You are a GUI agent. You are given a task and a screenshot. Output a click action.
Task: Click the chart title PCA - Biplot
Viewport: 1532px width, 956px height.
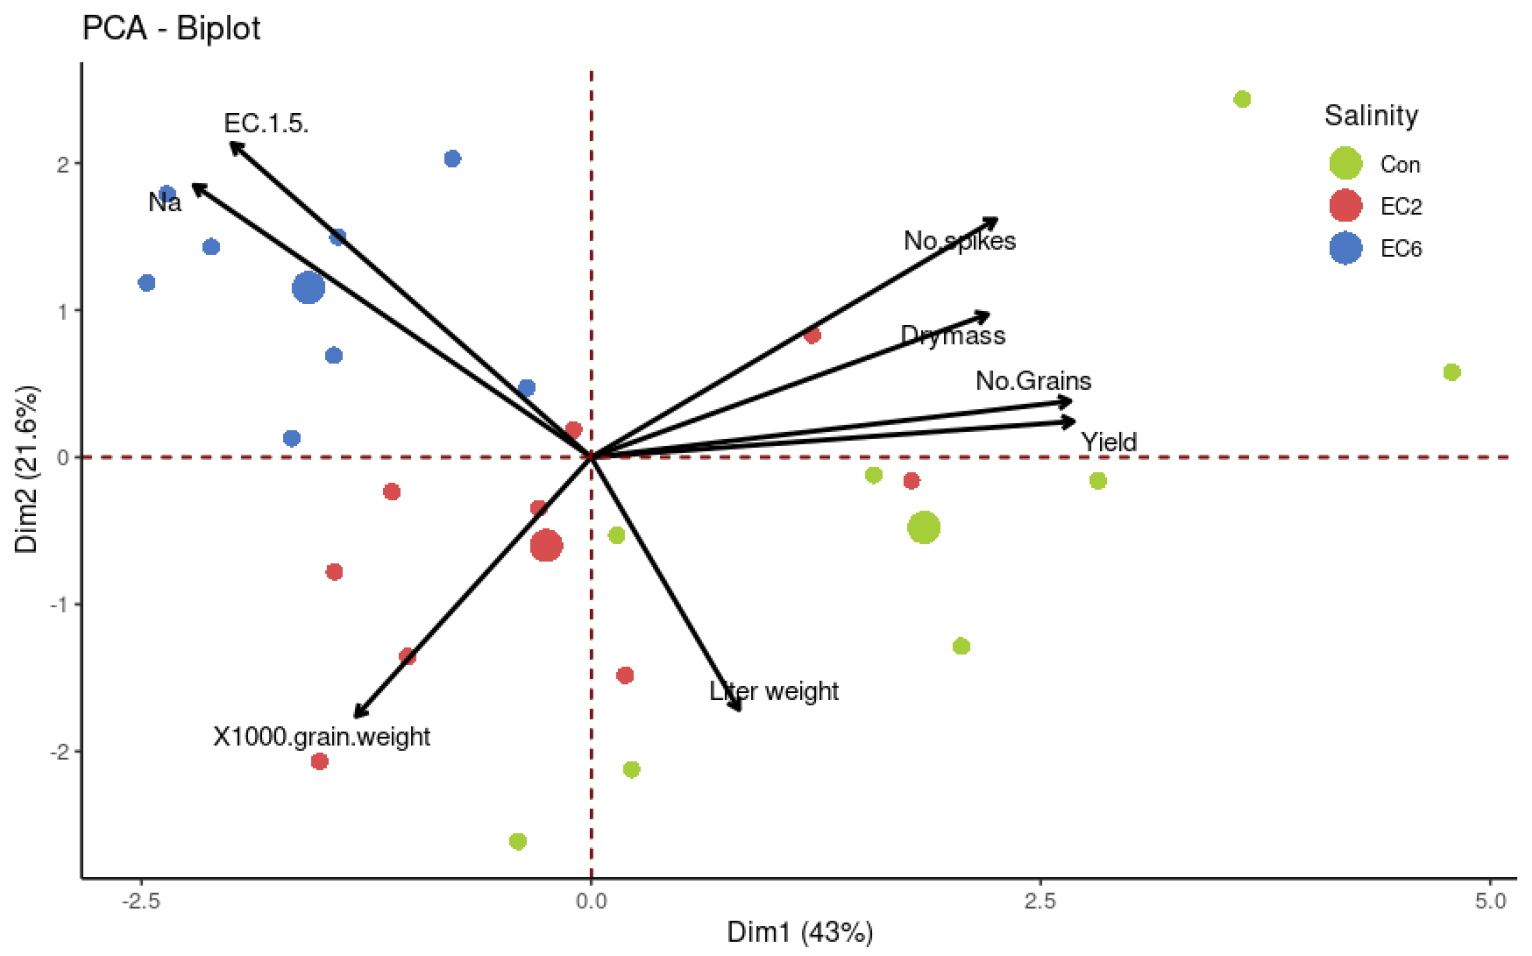171,28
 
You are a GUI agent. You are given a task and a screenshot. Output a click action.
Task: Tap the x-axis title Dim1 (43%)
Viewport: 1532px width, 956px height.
799,932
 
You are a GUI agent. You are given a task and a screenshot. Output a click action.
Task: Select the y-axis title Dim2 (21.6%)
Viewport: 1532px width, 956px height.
26,469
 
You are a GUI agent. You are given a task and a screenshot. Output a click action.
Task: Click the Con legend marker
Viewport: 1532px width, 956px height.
1345,163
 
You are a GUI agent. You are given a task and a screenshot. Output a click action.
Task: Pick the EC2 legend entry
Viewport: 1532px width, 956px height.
1400,206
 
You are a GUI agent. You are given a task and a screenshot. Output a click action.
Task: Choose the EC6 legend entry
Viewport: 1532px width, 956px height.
1400,248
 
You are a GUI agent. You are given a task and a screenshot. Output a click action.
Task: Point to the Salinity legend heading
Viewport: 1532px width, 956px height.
1371,116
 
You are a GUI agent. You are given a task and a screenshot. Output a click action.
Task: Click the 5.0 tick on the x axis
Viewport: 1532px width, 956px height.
1489,901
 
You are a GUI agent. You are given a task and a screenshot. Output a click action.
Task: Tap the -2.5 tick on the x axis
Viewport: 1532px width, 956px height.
141,901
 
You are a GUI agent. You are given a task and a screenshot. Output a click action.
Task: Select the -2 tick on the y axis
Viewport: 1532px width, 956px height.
61,751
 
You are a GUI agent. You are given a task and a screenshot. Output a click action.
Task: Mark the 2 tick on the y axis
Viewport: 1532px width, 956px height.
64,164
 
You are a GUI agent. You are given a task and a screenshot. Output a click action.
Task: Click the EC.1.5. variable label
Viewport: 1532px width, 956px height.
266,123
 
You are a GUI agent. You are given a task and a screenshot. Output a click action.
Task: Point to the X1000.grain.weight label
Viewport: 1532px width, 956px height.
321,737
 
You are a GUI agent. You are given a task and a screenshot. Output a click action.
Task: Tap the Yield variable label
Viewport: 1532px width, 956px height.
1108,442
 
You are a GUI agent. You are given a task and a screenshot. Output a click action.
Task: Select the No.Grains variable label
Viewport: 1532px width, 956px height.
1033,381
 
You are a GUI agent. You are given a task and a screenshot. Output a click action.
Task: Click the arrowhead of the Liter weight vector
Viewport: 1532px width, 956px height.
738,707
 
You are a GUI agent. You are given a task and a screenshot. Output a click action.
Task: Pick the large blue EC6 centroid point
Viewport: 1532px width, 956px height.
309,288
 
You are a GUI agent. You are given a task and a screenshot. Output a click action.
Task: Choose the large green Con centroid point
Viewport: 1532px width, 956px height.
923,527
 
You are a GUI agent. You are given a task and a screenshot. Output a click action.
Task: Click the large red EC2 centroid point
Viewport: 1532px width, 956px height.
545,546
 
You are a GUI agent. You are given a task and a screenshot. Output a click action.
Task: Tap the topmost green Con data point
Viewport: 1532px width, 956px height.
1242,99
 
